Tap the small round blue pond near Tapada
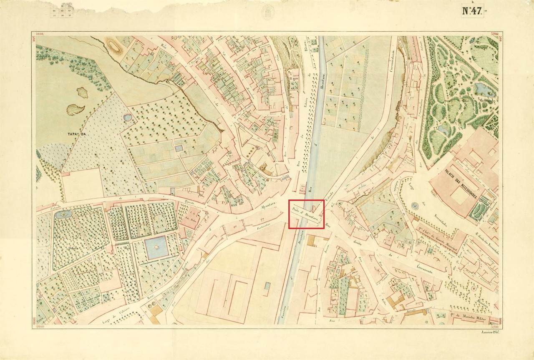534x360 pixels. (x=127, y=118)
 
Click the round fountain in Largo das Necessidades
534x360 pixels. (x=414, y=206)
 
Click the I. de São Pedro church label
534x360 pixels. (x=190, y=217)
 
